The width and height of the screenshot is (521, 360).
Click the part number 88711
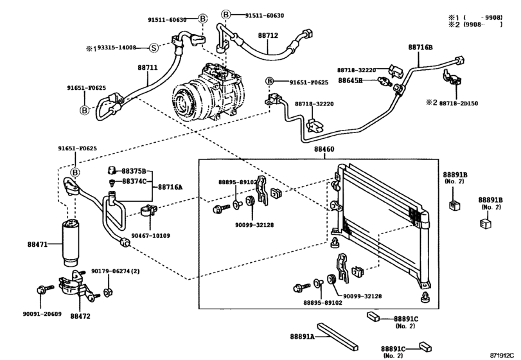pyautogui.click(x=147, y=66)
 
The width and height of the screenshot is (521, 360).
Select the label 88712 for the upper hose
pyautogui.click(x=268, y=36)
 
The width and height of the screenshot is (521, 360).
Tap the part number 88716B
pyautogui.click(x=420, y=48)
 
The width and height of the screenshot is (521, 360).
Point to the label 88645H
pyautogui.click(x=350, y=80)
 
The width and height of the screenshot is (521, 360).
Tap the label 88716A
pyautogui.click(x=170, y=186)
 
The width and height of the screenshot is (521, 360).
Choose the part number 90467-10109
pyautogui.click(x=151, y=235)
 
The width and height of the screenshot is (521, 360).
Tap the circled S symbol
pyautogui.click(x=154, y=48)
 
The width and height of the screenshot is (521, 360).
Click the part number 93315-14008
pyautogui.click(x=119, y=48)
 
